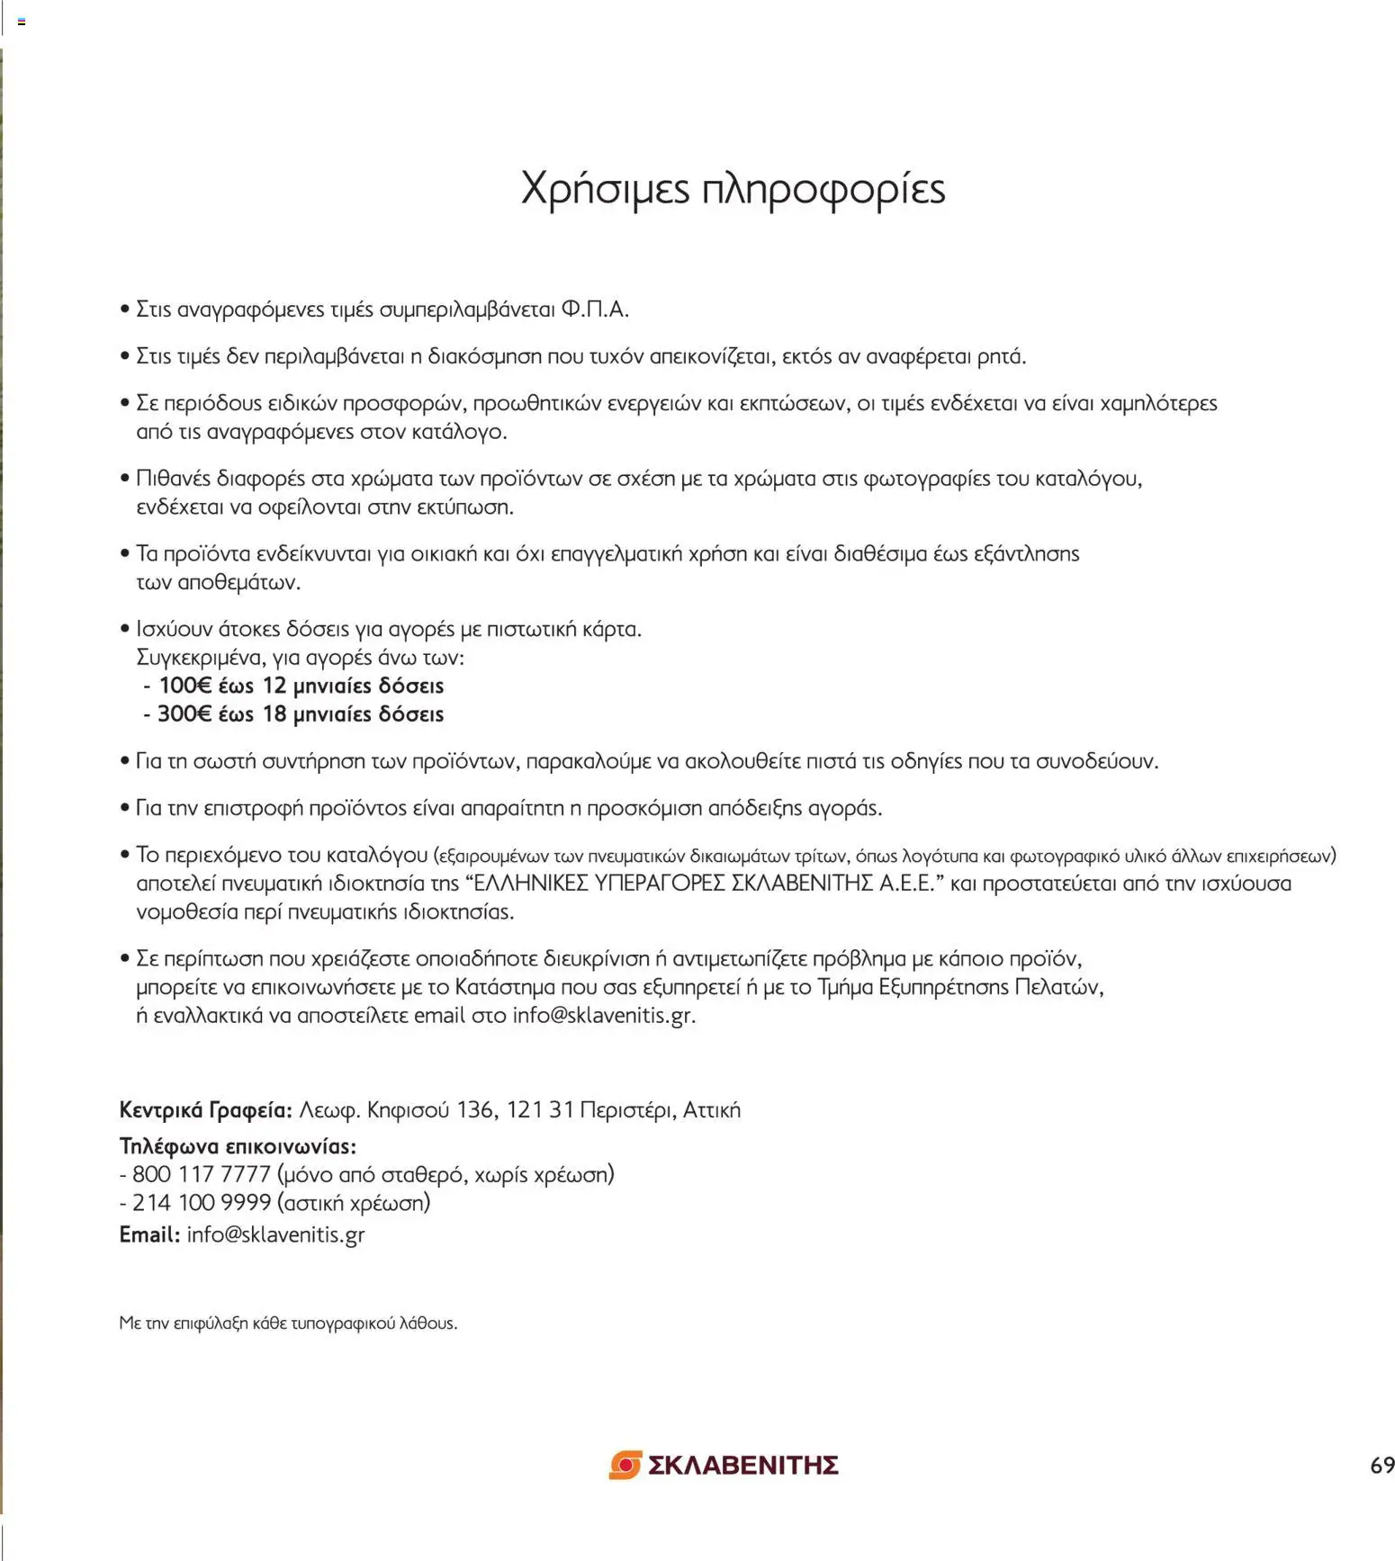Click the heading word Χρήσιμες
point(605,189)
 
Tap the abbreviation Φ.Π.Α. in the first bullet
point(594,310)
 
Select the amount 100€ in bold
point(184,686)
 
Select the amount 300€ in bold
point(184,714)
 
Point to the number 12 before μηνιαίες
point(274,686)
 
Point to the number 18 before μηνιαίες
point(274,714)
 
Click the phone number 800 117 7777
point(201,1174)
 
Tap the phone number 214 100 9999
point(201,1203)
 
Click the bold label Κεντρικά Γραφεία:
point(205,1110)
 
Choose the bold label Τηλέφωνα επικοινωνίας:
point(238,1146)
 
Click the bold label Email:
point(149,1234)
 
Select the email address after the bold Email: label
point(275,1234)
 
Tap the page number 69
point(1381,1466)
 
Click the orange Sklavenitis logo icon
point(625,1465)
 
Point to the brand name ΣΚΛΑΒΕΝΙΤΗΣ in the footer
point(743,1466)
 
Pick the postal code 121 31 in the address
point(540,1110)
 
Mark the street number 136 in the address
point(475,1110)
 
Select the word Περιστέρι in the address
point(626,1110)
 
